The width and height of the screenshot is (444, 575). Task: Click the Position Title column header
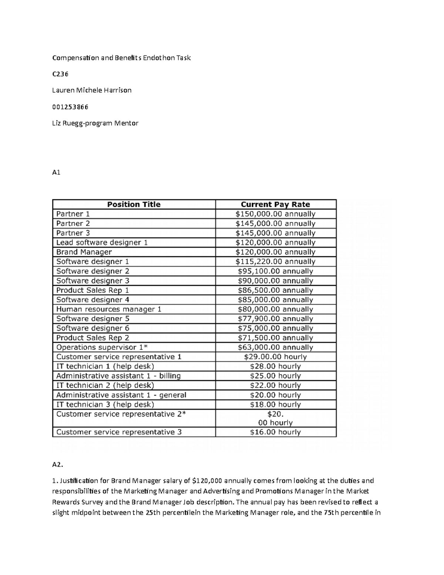coord(134,204)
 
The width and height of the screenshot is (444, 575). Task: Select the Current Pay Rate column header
coord(275,204)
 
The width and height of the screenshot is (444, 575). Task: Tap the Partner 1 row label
coord(73,214)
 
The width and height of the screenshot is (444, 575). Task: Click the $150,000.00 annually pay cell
coord(275,214)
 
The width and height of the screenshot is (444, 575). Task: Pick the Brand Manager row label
coord(84,252)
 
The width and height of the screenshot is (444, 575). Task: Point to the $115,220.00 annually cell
coord(275,262)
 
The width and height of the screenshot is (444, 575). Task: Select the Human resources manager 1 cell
coord(109,309)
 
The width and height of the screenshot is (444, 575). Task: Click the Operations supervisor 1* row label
coord(102,347)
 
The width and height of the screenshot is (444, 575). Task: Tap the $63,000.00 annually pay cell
coord(275,347)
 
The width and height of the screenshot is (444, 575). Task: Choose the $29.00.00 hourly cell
coord(275,357)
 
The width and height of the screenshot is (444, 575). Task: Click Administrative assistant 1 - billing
coord(118,376)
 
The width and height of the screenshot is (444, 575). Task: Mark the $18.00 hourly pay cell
coord(275,404)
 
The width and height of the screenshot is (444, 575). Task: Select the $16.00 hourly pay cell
coord(275,432)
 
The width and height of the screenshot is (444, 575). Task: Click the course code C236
coord(60,74)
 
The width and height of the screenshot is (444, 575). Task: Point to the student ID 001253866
coord(70,107)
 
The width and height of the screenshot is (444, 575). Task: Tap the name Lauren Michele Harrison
coord(92,90)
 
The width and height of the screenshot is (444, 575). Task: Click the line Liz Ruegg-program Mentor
coord(95,123)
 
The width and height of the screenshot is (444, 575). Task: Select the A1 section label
coord(56,173)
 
